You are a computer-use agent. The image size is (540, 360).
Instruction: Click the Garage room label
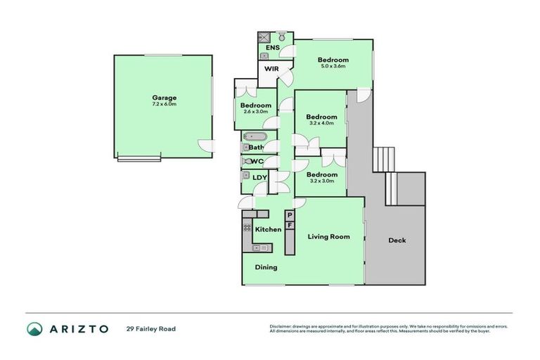[x=164, y=98]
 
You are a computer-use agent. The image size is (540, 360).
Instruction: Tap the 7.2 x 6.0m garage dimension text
[x=164, y=104]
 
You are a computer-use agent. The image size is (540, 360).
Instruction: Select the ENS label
[x=273, y=48]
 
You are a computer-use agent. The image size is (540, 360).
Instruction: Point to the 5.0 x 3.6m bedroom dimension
[x=333, y=66]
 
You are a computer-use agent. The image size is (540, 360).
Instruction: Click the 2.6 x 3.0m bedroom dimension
[x=257, y=112]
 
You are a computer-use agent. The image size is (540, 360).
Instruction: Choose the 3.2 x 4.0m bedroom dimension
[x=321, y=123]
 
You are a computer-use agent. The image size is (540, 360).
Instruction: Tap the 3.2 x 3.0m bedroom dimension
[x=321, y=181]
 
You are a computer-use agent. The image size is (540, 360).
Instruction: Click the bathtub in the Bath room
[x=254, y=136]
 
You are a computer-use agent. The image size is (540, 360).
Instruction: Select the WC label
[x=257, y=161]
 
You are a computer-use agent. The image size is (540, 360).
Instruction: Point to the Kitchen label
[x=268, y=230]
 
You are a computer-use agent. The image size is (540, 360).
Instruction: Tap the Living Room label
[x=328, y=237]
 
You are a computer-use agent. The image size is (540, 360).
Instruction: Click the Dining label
[x=266, y=267]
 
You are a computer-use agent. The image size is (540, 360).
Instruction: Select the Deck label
[x=397, y=240]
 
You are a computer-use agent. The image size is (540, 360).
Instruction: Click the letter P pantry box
[x=289, y=215]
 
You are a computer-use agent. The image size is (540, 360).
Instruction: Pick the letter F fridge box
[x=289, y=225]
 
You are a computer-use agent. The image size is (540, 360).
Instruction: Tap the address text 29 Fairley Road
[x=151, y=328]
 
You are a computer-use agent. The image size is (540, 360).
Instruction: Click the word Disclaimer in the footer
[x=281, y=326]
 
